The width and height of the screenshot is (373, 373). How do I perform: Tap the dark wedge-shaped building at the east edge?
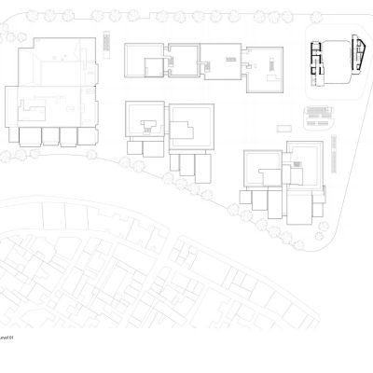(x=358, y=58)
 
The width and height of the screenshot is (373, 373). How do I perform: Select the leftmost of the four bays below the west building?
(x=30, y=136)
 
